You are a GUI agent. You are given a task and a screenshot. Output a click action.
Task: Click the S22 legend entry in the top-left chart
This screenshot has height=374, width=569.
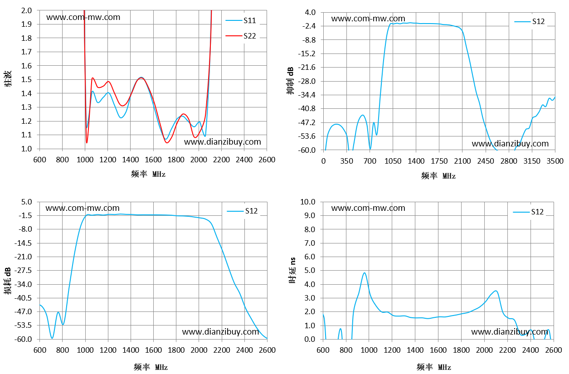tap(241, 36)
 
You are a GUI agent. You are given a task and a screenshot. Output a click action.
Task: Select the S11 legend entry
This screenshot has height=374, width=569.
tap(241, 20)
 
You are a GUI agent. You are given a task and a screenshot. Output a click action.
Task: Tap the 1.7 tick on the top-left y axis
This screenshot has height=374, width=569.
tap(26, 52)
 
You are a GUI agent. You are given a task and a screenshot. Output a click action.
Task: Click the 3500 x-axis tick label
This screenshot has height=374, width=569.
tap(555, 161)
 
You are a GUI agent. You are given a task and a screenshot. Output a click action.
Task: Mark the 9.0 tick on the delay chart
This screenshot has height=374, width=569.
tap(310, 216)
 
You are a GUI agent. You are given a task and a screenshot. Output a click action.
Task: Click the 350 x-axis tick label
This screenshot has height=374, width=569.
tap(346, 161)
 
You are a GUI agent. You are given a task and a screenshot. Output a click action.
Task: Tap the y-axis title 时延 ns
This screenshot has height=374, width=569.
tap(292, 270)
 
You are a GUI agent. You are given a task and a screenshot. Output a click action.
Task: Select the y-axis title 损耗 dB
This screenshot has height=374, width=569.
tap(8, 281)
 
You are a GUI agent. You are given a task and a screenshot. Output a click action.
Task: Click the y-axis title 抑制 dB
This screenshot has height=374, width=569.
tap(290, 81)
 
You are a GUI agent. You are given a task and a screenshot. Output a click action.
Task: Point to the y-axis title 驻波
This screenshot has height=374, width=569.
tap(8, 79)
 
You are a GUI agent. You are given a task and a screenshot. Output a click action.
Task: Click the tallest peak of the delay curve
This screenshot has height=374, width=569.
tap(365, 273)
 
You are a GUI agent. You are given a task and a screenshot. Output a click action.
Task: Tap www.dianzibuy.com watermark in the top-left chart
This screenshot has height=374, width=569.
tap(223, 142)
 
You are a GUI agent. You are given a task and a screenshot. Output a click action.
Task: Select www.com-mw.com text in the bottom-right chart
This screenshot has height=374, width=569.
tap(368, 208)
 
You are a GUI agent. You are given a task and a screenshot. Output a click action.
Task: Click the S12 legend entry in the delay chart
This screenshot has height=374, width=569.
tap(528, 212)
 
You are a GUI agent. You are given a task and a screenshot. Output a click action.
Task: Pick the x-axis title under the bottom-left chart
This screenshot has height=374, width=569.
tap(151, 367)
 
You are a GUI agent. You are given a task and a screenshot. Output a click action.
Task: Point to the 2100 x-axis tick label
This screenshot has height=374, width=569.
tap(462, 161)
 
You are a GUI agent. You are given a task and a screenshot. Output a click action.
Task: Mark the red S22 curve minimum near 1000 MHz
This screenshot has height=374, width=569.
tap(87, 143)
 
